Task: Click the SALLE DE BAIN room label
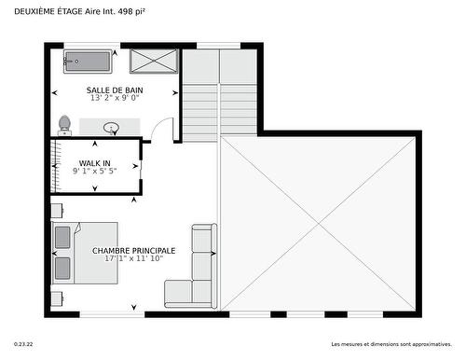(x=115, y=90)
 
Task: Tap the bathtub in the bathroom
(x=88, y=62)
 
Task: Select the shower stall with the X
(x=154, y=62)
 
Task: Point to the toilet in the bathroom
(x=64, y=125)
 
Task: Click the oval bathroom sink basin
(x=111, y=127)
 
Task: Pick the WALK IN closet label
(x=94, y=163)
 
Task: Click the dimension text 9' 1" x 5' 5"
(x=94, y=171)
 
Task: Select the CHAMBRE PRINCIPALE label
(x=133, y=251)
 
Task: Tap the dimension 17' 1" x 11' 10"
(x=133, y=258)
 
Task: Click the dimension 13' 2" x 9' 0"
(x=115, y=98)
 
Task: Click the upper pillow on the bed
(x=62, y=238)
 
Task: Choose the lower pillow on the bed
(x=62, y=269)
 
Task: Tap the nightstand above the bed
(x=57, y=211)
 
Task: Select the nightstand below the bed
(x=57, y=298)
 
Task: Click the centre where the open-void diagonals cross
(x=318, y=224)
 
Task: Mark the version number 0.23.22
(x=23, y=344)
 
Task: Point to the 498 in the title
(x=126, y=11)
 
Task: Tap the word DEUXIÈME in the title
(x=34, y=11)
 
